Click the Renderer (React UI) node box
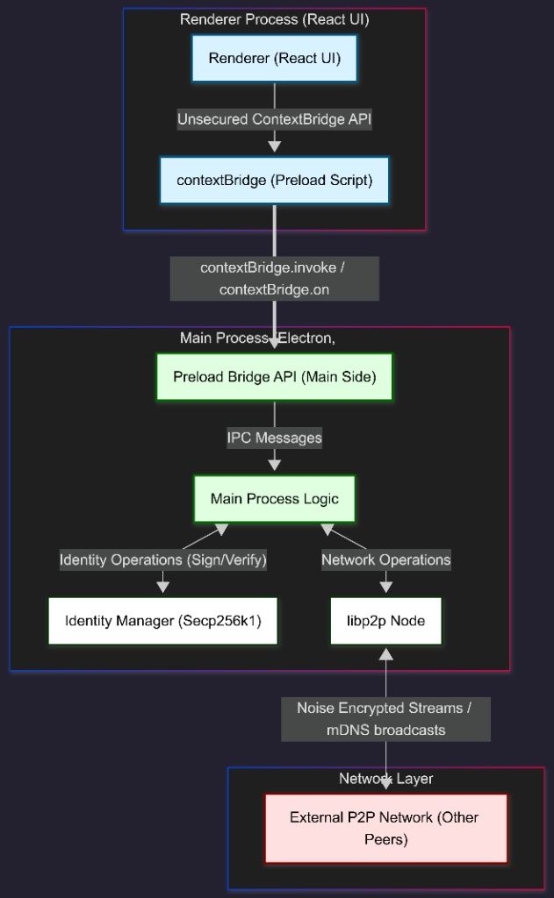(274, 59)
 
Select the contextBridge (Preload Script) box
(274, 180)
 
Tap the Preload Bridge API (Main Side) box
(274, 377)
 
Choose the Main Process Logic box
(274, 498)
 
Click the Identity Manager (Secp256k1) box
(162, 621)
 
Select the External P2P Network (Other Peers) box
(385, 828)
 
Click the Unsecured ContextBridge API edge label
(274, 119)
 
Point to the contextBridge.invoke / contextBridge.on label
(274, 279)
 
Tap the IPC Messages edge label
(274, 438)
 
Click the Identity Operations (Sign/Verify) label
(162, 559)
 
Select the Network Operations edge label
(385, 559)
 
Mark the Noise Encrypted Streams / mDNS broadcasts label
(385, 719)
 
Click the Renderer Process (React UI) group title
(274, 19)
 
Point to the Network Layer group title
(385, 779)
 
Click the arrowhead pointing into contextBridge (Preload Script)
(274, 146)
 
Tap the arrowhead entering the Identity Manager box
(162, 588)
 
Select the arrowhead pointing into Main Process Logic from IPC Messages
(274, 465)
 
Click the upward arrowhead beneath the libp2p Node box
(385, 653)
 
